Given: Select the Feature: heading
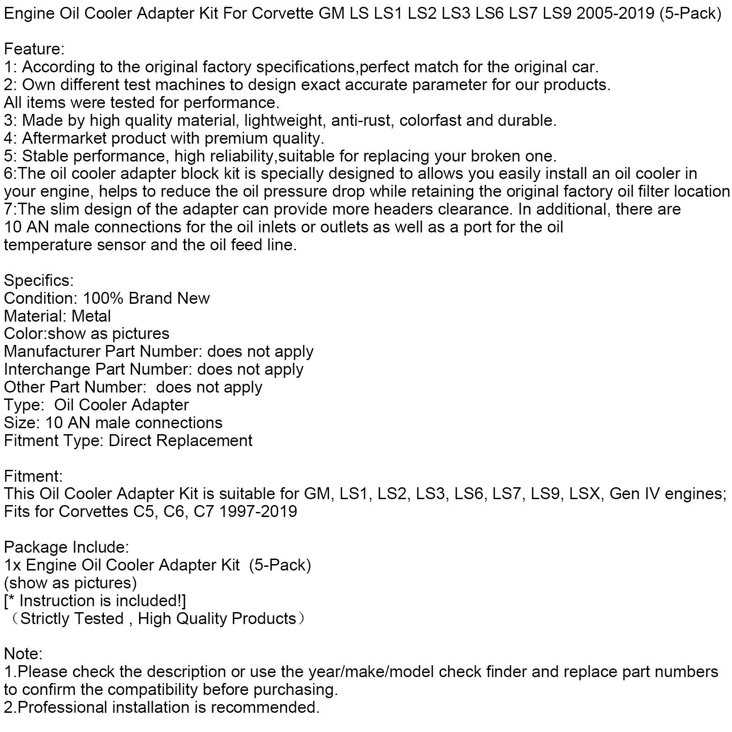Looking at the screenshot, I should point(34,49).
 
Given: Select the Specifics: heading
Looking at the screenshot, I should point(39,280).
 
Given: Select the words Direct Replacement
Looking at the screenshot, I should point(180,441).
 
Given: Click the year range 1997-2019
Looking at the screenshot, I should point(258,511).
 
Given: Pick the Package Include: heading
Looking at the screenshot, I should point(67,547).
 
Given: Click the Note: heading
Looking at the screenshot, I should point(23,654).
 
